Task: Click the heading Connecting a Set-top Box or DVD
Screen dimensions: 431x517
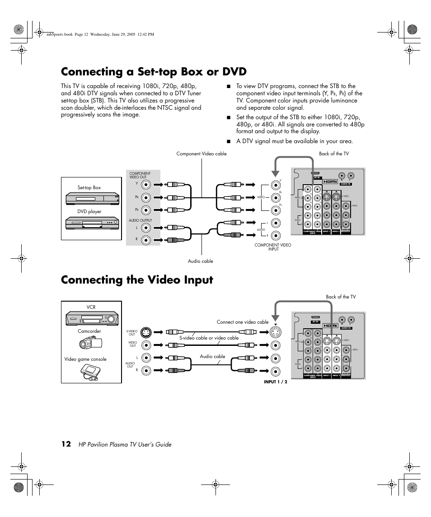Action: click(154, 72)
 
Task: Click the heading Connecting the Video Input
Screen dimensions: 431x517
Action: click(137, 280)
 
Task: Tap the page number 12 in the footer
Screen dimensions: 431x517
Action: click(66, 444)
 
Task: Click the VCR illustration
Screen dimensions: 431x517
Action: click(92, 318)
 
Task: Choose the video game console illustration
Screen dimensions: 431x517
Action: click(89, 372)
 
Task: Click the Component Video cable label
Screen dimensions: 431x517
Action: click(201, 154)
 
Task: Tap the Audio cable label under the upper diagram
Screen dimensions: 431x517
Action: click(200, 261)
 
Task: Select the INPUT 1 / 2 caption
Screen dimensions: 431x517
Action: click(276, 382)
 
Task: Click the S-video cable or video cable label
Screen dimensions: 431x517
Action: click(209, 338)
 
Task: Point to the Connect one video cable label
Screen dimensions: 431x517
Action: click(242, 322)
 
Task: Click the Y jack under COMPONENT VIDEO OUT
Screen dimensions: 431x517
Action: click(145, 184)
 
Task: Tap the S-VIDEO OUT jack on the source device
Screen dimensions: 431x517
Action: click(145, 333)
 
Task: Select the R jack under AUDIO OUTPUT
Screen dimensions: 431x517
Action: click(145, 240)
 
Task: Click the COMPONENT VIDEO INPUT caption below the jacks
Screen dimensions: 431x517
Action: click(273, 247)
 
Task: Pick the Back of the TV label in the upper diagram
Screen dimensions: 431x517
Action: click(333, 154)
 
